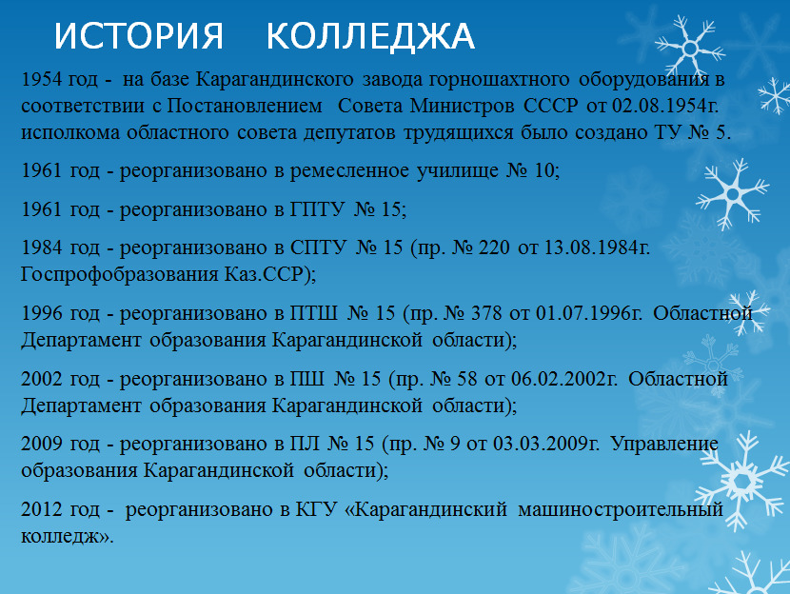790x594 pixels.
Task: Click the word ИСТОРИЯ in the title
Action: [138, 36]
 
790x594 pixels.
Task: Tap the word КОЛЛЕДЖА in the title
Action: [370, 36]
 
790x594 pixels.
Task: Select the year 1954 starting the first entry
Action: [41, 79]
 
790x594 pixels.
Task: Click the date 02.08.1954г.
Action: [665, 106]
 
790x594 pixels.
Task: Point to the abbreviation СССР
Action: [551, 106]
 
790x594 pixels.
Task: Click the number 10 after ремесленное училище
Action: [544, 170]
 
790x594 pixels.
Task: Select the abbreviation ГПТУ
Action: [317, 209]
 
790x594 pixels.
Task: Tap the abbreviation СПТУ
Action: [319, 247]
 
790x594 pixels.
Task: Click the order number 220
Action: [494, 247]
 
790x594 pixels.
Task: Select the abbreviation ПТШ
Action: [314, 313]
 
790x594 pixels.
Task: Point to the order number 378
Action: [486, 313]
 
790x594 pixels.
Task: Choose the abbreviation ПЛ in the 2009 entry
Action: [305, 444]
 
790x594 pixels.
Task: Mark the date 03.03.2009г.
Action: [546, 444]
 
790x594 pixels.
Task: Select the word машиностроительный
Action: [621, 509]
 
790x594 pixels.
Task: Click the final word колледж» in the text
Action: [68, 537]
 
